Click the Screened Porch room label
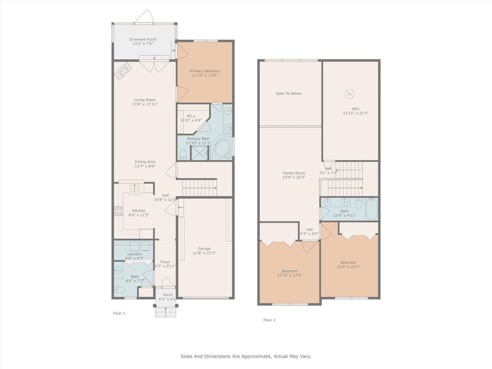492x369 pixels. tap(143, 40)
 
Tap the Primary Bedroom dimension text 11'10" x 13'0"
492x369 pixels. tap(204, 75)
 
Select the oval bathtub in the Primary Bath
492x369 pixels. tap(222, 148)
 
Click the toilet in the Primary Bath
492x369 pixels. tap(183, 155)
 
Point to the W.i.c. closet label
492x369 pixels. tap(191, 116)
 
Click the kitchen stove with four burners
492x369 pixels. tap(118, 211)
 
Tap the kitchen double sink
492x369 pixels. tap(135, 188)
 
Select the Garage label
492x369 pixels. tap(204, 248)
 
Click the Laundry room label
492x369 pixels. tap(134, 254)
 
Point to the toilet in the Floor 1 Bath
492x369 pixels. tap(119, 290)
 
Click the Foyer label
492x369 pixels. tap(165, 262)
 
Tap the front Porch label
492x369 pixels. tap(168, 295)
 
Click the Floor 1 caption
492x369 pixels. tap(119, 313)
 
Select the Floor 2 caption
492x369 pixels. tap(269, 320)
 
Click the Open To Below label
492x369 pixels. tap(289, 93)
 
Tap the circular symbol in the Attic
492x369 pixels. tap(349, 94)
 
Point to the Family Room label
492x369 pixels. tap(294, 173)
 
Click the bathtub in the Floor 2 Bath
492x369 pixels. tap(372, 209)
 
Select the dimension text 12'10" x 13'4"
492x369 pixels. tap(289, 275)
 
